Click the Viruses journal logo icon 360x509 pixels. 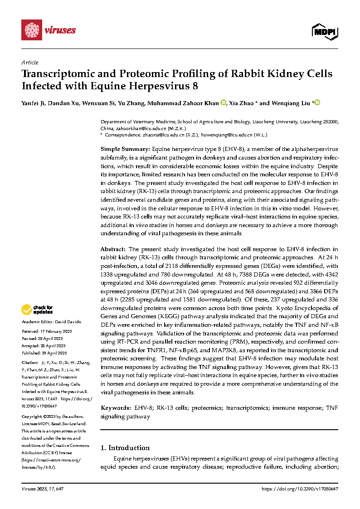click(31, 30)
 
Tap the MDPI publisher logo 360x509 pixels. click(325, 31)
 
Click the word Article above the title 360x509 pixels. click(30, 63)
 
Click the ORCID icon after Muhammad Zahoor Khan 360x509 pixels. click(224, 103)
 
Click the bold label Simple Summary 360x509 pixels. click(125, 149)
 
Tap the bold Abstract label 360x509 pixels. click(113, 249)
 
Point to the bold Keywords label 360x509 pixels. click(116, 408)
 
